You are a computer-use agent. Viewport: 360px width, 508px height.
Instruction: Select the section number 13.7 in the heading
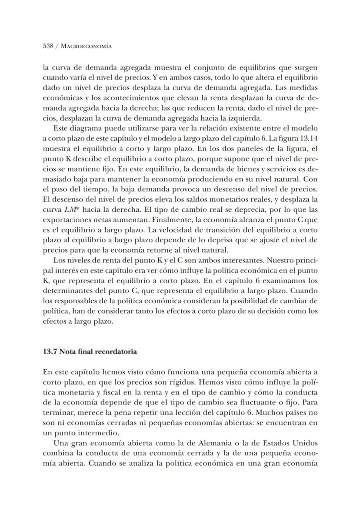point(50,351)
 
